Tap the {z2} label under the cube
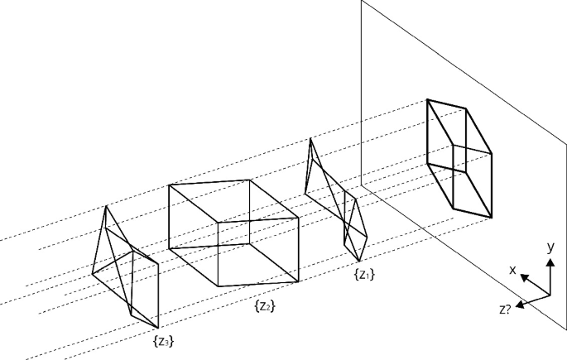(x=265, y=306)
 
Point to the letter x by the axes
(x=513, y=269)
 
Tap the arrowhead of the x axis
(x=526, y=278)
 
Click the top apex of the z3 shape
(x=104, y=206)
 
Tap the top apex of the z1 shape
(x=310, y=138)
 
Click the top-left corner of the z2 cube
(x=169, y=185)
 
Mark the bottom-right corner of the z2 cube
(x=298, y=283)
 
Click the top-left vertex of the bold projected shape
(x=427, y=100)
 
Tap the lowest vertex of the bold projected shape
(x=492, y=218)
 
